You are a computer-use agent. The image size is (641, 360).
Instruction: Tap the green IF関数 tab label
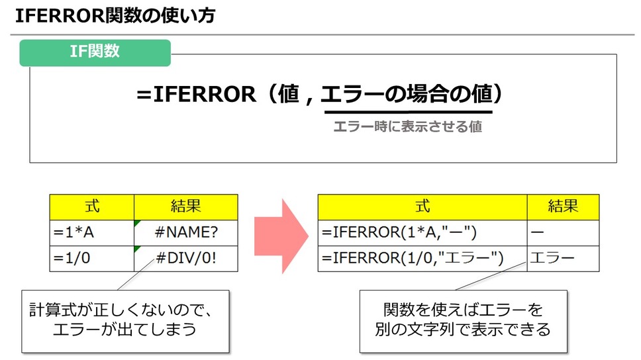[x=95, y=51]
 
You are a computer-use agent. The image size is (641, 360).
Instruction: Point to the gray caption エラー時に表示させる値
[x=407, y=126]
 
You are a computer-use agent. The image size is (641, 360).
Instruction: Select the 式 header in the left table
[x=92, y=206]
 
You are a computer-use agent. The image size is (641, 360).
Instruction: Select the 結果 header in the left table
[x=185, y=206]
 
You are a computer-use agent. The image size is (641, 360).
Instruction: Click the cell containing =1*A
[x=92, y=232]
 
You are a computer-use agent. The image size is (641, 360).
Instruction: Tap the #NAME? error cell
[x=185, y=232]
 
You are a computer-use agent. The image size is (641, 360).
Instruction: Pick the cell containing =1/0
[x=92, y=258]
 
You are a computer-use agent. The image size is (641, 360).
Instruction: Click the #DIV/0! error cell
[x=185, y=258]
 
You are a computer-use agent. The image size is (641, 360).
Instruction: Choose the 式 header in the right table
[x=422, y=206]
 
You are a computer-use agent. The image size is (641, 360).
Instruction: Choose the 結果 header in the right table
[x=564, y=206]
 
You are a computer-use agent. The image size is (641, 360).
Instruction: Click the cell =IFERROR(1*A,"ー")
[x=422, y=232]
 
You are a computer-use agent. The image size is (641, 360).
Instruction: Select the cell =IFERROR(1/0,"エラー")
[x=422, y=258]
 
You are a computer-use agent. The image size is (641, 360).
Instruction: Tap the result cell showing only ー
[x=564, y=232]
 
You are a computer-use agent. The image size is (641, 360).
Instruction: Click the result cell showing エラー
[x=564, y=258]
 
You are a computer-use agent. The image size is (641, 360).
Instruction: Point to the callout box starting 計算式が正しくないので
[x=125, y=320]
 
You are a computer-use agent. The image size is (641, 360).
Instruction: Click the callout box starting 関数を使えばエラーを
[x=464, y=320]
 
